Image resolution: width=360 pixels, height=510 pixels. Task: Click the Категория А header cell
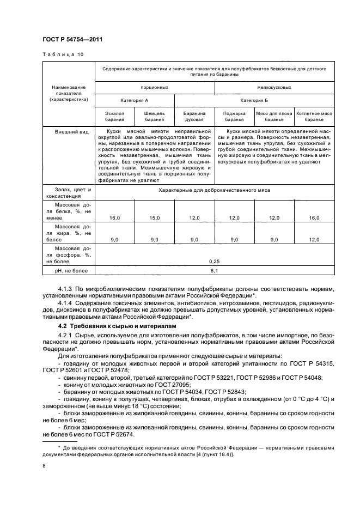(x=135, y=100)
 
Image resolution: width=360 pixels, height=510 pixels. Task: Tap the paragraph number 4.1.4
(x=66, y=301)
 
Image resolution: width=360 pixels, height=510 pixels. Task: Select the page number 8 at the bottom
(x=45, y=465)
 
